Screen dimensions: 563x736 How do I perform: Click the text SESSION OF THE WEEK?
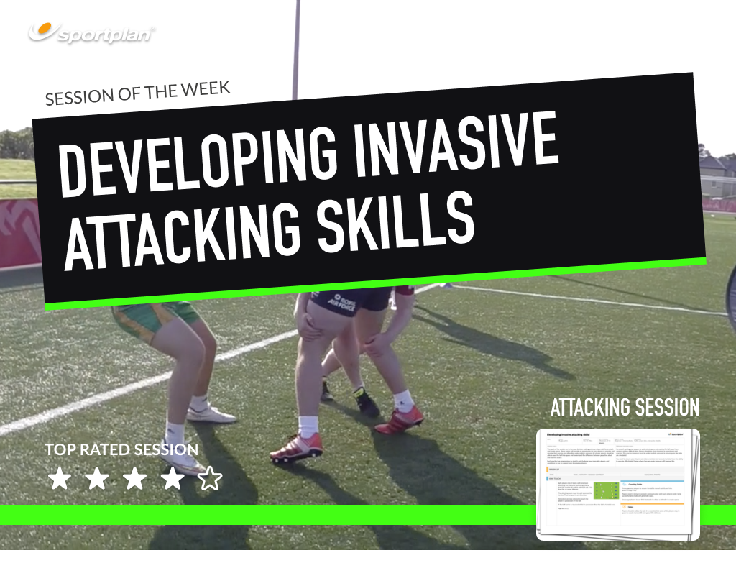[x=137, y=93]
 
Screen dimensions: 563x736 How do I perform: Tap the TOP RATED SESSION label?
[x=121, y=450]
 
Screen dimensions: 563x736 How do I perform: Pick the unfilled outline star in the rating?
[x=209, y=479]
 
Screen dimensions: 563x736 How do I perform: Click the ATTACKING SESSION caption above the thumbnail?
[x=624, y=408]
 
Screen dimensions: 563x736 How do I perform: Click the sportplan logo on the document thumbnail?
[x=679, y=435]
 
